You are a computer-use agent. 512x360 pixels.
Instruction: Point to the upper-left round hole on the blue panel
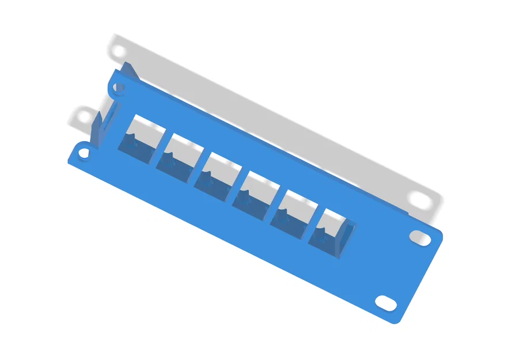[119, 88]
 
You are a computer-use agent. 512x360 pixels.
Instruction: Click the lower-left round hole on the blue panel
[84, 154]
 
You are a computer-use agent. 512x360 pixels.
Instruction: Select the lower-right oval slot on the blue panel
[385, 302]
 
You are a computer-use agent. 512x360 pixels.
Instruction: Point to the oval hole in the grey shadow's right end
[421, 199]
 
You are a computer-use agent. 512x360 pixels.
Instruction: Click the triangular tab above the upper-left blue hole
[129, 71]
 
